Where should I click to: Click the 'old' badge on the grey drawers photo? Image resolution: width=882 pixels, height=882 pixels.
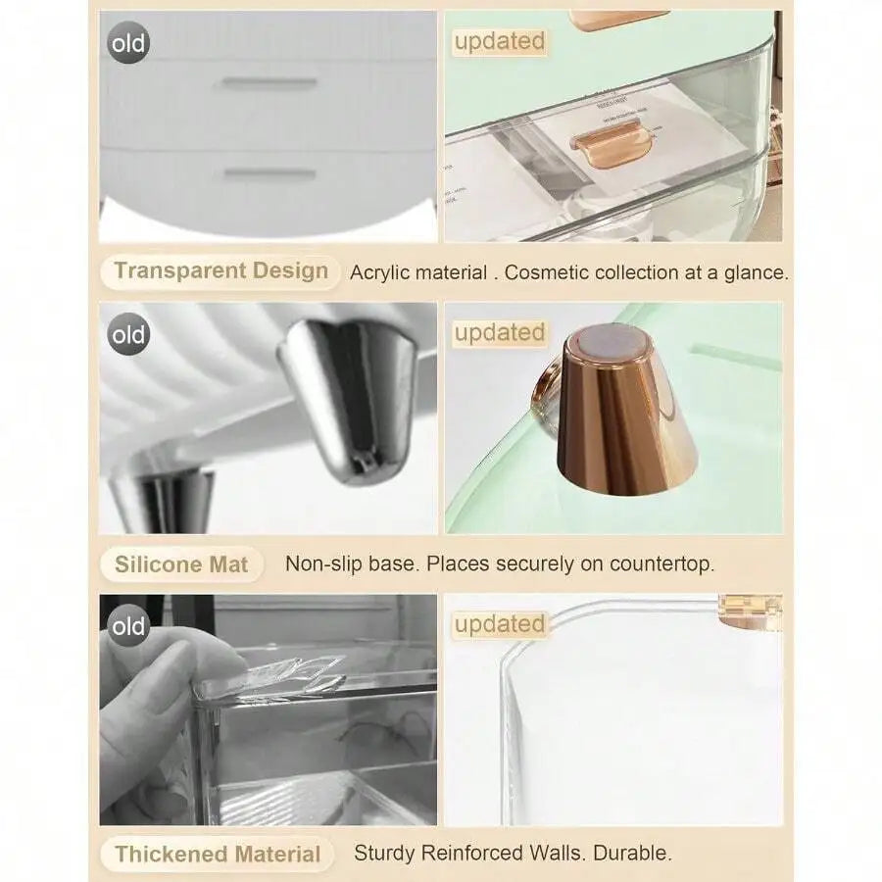coord(128,43)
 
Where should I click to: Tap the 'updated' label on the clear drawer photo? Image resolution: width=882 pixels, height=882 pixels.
coord(500,41)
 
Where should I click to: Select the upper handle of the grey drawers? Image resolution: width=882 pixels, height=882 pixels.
coord(269,83)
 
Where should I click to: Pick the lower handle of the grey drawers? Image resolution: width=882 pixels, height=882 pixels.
coord(269,173)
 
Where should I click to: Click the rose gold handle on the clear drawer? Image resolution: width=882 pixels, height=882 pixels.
coord(611,143)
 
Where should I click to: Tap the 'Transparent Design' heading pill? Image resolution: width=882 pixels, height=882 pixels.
coord(220,271)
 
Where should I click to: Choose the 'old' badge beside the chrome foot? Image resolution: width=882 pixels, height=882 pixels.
coord(128,334)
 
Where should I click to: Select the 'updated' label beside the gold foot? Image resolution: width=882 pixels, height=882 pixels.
coord(500,332)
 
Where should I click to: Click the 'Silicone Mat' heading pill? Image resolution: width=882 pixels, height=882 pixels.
coord(181,564)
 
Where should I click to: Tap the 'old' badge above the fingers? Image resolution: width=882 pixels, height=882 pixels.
coord(128,625)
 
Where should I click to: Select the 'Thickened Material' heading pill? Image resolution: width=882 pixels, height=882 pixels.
coord(218,854)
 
